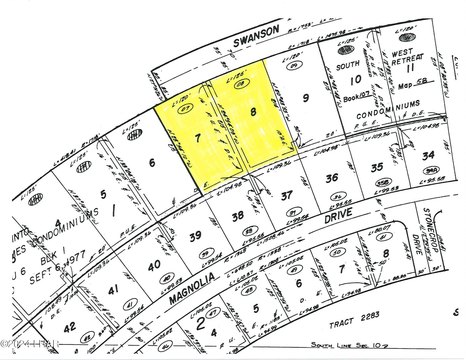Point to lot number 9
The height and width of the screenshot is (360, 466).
305,98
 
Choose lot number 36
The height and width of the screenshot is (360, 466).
333,177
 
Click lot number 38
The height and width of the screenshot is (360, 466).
238,214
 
